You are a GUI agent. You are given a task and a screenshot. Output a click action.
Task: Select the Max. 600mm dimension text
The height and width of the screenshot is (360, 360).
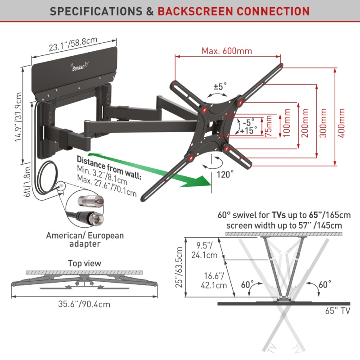click(x=226, y=50)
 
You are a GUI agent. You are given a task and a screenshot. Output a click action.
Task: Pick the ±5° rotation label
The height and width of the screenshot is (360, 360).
click(x=220, y=86)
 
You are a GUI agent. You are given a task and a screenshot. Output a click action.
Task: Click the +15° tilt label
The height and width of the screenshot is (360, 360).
click(x=249, y=130)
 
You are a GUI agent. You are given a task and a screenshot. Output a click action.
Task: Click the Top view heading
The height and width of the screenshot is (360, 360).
click(x=85, y=263)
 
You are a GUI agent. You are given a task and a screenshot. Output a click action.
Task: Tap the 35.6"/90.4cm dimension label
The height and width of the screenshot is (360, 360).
click(x=85, y=304)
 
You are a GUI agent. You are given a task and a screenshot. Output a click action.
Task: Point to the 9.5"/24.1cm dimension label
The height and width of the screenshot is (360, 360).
click(x=206, y=250)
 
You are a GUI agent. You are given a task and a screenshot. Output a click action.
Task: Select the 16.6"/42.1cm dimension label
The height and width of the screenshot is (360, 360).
click(x=206, y=279)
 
